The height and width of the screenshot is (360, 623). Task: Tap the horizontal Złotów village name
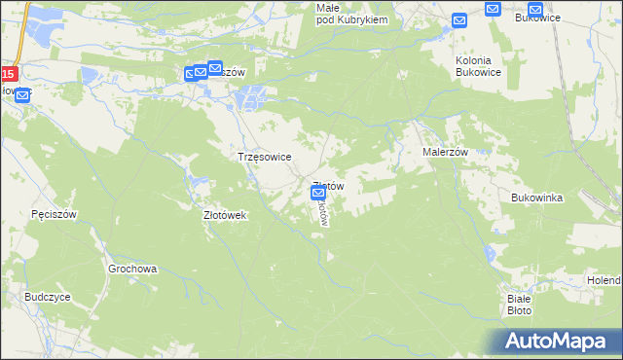tap(328, 186)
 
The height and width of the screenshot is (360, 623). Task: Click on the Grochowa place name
tap(132, 269)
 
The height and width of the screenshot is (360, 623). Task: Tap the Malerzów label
tap(446, 153)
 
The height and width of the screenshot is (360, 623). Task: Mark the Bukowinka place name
tap(537, 198)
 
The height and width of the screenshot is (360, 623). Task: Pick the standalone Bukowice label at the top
tap(538, 18)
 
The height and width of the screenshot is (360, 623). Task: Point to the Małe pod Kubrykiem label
tap(352, 14)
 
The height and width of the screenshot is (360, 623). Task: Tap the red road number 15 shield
tap(8, 74)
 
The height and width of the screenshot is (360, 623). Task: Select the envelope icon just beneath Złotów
tap(318, 195)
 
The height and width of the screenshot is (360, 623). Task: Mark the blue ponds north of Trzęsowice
tap(250, 97)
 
